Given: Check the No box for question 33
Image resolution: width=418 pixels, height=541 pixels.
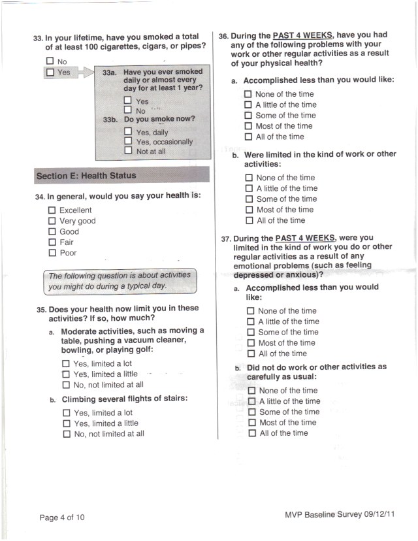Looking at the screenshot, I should (x=50, y=62).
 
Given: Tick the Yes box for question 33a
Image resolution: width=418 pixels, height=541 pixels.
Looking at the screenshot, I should (x=128, y=101).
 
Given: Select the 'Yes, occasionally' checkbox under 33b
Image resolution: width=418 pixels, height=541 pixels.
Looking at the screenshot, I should (x=128, y=142).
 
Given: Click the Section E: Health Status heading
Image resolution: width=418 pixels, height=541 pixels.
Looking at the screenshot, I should (x=86, y=176).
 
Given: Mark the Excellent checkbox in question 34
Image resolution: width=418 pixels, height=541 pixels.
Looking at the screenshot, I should (x=52, y=210).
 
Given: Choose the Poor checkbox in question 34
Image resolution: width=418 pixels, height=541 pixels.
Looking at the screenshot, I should (x=52, y=253).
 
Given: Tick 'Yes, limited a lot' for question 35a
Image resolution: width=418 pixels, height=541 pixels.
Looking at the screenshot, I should (x=66, y=364).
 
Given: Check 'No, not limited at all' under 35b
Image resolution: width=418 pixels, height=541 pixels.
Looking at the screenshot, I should (x=67, y=434).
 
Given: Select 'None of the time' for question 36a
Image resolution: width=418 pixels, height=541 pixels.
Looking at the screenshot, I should (x=248, y=94).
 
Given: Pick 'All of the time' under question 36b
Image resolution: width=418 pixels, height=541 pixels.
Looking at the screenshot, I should (x=249, y=221).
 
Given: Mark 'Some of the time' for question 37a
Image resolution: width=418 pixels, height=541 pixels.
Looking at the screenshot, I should (x=251, y=333).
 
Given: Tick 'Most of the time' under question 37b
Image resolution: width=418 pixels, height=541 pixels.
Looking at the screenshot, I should (x=252, y=423).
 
